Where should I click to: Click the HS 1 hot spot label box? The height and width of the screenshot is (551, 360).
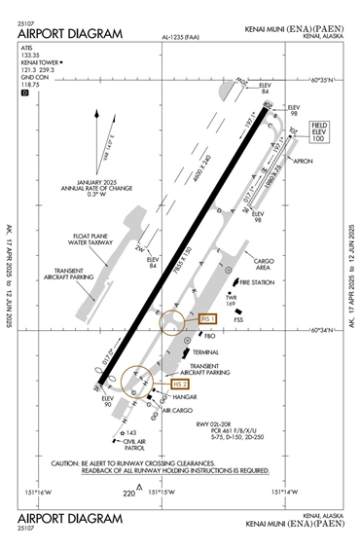[x=206, y=318]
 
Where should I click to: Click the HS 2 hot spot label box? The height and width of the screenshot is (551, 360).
[x=179, y=385]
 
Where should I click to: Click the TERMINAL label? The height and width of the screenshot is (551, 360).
[x=205, y=351]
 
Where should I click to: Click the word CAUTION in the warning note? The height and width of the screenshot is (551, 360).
[x=69, y=462]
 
